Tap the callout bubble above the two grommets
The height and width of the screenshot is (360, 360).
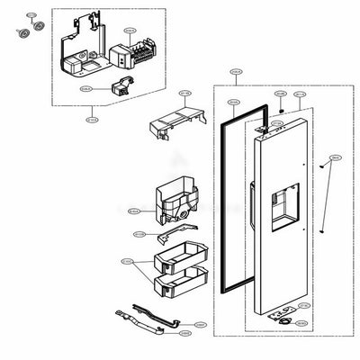[x=31, y=16]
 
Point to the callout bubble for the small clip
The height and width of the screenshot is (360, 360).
[x=85, y=89]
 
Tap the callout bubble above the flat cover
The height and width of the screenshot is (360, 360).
[x=185, y=93]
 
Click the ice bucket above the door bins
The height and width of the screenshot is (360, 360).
[x=179, y=206]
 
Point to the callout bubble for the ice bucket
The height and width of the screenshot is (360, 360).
[x=134, y=211]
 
